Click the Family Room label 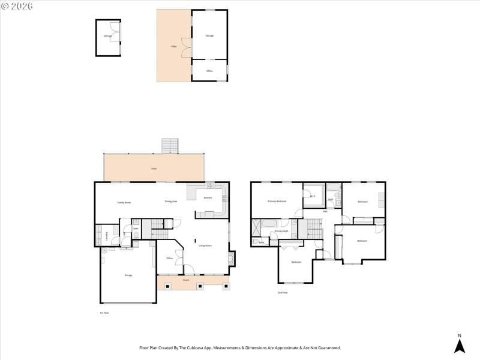124,203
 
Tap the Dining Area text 171,202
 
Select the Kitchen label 208,197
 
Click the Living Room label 205,245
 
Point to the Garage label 128,275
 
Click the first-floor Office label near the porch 170,258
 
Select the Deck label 154,170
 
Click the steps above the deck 171,146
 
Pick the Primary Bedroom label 277,202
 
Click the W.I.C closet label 313,196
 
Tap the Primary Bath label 282,231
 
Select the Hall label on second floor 325,211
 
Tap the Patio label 173,46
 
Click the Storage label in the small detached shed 107,37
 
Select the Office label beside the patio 209,71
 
